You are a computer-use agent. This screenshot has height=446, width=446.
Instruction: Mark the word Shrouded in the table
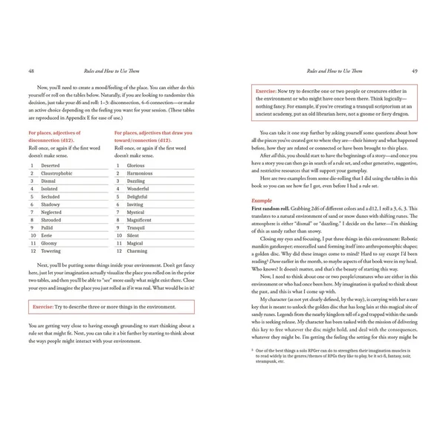pyautogui.click(x=52, y=220)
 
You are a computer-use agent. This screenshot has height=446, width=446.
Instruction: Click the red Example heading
pyautogui.click(x=262, y=202)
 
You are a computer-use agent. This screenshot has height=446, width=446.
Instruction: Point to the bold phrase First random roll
pyautogui.click(x=274, y=210)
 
